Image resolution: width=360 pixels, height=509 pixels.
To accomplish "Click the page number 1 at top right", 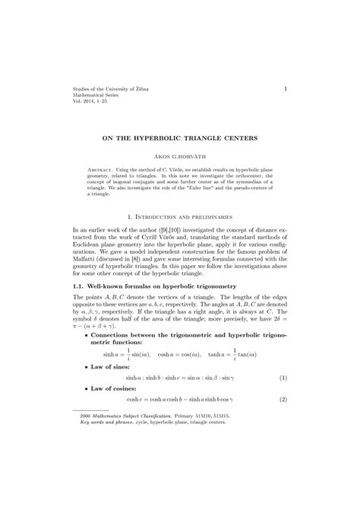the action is [x=285, y=89].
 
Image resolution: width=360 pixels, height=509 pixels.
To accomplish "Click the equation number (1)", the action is [x=282, y=377].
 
